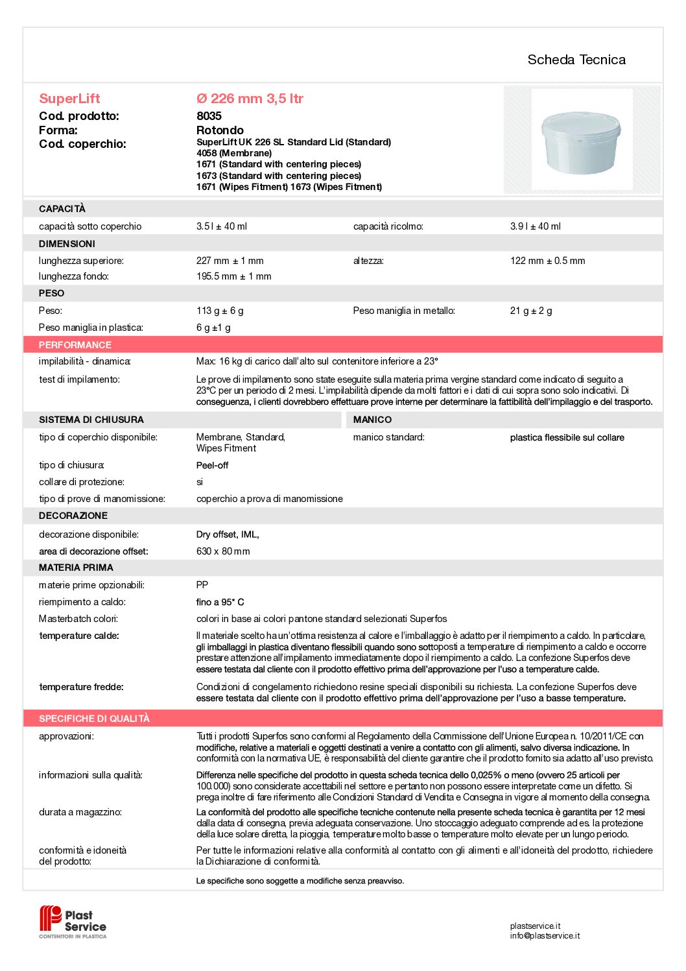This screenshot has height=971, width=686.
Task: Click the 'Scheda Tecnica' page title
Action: [576, 60]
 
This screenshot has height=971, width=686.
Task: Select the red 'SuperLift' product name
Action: [69, 99]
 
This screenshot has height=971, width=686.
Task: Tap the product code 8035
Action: [209, 116]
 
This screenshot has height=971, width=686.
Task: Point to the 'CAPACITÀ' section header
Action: [62, 209]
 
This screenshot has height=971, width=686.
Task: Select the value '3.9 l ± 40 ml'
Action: [535, 226]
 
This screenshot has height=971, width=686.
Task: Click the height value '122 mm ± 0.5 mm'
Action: [547, 261]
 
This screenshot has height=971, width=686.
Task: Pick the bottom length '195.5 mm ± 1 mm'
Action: [233, 276]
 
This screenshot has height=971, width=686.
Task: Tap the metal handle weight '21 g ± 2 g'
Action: [531, 311]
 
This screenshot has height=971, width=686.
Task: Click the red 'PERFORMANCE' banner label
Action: [75, 345]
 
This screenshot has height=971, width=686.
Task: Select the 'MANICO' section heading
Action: [372, 420]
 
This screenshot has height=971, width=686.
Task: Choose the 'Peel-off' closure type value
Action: [212, 465]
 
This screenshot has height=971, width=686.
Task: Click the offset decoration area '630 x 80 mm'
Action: [223, 551]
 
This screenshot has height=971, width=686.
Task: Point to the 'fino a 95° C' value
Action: [220, 602]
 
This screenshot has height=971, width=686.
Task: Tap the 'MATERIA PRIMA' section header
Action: [76, 568]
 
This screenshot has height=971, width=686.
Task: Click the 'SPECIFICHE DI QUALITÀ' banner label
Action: [94, 719]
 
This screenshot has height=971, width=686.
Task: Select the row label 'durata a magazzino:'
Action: [80, 812]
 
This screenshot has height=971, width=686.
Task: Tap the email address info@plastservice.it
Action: [545, 936]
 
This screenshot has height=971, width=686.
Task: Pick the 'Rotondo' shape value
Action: [220, 130]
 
